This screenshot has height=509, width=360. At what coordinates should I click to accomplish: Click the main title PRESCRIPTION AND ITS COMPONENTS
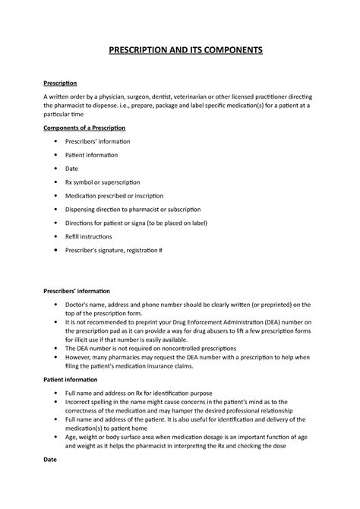(x=180, y=50)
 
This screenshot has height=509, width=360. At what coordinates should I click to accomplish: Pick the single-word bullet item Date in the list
(x=73, y=168)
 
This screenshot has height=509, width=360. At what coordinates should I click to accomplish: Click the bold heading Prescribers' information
(x=76, y=291)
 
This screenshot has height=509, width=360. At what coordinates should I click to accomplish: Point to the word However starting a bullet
(x=82, y=357)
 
